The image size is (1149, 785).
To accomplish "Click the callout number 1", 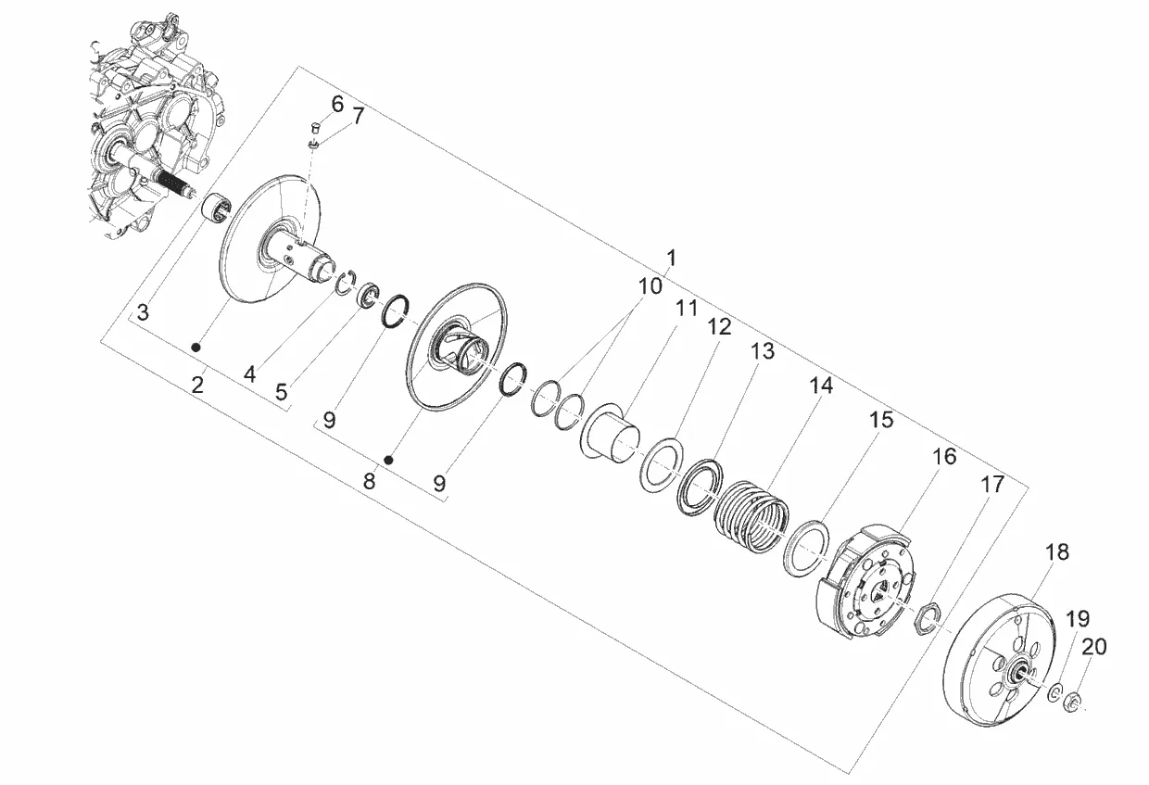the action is pyautogui.click(x=671, y=259).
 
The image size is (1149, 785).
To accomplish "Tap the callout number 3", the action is pyautogui.click(x=143, y=312).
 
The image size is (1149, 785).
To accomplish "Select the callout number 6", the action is pyautogui.click(x=337, y=104).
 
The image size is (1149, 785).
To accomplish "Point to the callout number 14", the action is pyautogui.click(x=821, y=386).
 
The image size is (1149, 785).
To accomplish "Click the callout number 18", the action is pyautogui.click(x=1057, y=552).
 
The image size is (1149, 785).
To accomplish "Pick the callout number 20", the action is pyautogui.click(x=1094, y=647).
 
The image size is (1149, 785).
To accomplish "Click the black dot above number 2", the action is pyautogui.click(x=196, y=348).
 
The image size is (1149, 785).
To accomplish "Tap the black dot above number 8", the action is pyautogui.click(x=389, y=459).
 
